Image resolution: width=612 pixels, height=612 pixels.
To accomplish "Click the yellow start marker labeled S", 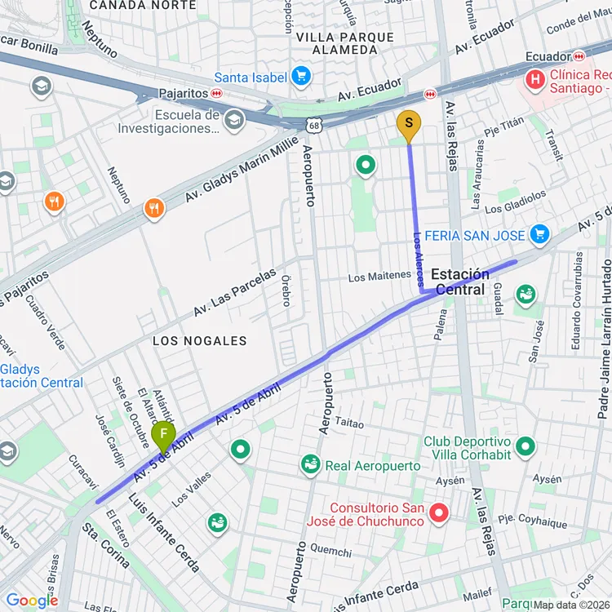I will point(409,124).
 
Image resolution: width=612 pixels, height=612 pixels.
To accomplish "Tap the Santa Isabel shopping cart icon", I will point(302,77).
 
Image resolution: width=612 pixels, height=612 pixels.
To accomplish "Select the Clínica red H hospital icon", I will point(535,79).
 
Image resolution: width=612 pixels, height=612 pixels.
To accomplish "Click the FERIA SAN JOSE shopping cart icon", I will point(539,235).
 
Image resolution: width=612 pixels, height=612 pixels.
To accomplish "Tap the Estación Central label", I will point(460,282).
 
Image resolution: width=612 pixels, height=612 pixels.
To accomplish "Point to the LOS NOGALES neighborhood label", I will point(199,340).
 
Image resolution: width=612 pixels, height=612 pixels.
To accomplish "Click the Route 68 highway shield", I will point(315,125).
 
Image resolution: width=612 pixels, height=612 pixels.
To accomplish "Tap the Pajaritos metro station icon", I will point(216,93).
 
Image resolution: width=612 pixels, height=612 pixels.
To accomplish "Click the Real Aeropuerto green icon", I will point(310,464).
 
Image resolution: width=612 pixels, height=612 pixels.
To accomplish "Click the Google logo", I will point(32,601).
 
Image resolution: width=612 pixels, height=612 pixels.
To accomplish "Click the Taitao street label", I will point(349,424).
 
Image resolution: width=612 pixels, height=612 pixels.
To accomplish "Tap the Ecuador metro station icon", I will point(579,55).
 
